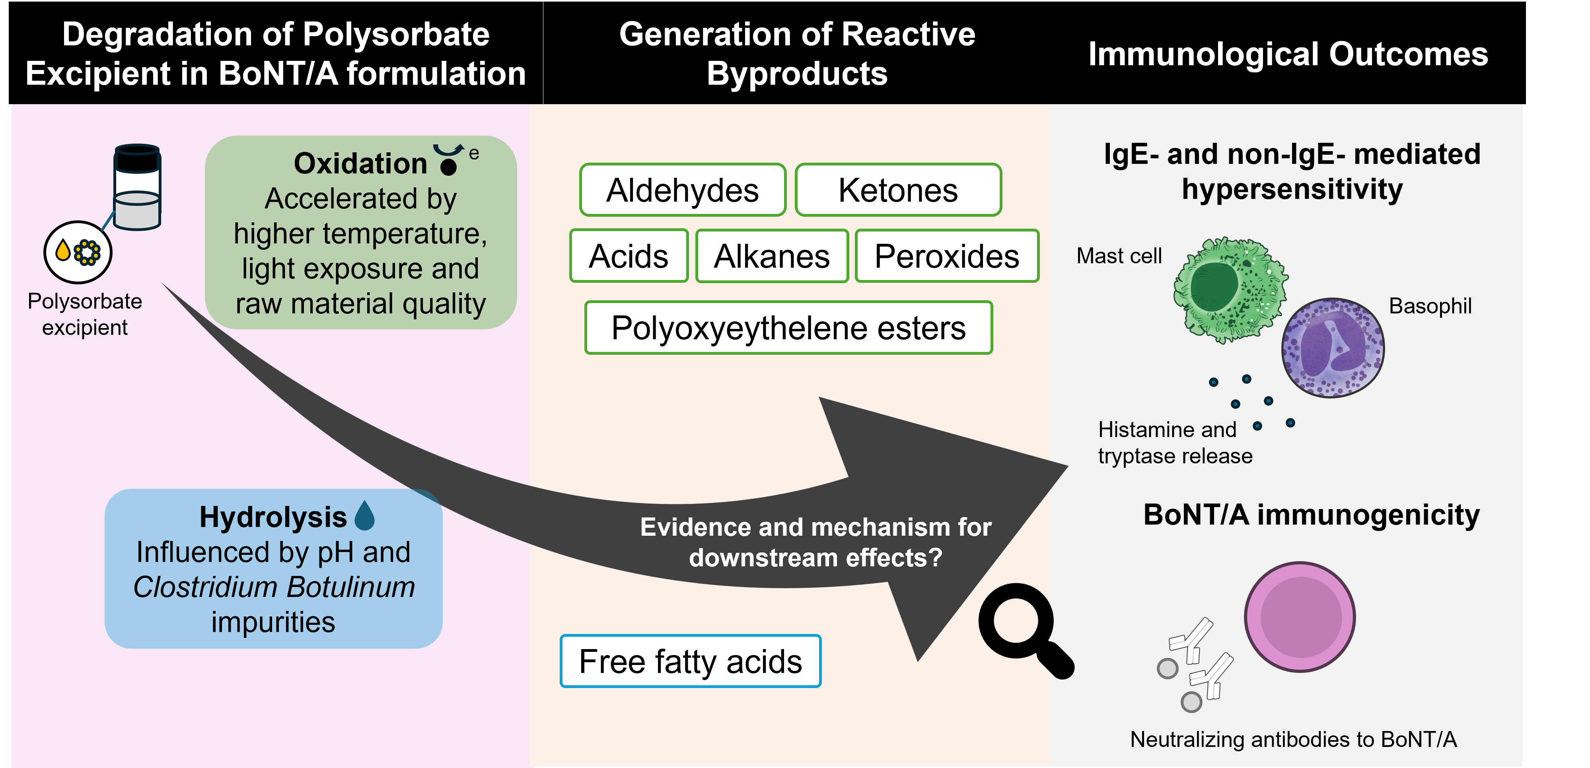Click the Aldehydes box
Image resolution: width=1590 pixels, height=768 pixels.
point(682,190)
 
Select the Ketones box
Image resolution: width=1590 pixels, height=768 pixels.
point(898,190)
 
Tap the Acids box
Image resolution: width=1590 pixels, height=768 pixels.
point(629,256)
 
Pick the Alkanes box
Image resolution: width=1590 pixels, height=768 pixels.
point(772,256)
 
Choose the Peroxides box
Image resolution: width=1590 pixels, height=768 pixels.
point(947,256)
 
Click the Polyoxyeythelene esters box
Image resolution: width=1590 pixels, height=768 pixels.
point(788,328)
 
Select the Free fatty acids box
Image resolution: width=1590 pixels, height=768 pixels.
point(690,661)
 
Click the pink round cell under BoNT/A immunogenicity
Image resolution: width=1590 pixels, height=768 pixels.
point(1299,617)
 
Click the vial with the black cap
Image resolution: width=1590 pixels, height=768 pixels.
point(137,187)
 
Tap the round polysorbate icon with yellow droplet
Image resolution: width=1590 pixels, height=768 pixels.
point(78,252)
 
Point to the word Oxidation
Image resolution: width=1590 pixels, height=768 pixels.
point(360,163)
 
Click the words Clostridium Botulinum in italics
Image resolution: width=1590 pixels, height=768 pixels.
point(274,587)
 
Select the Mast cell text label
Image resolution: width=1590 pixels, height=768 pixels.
point(1119,256)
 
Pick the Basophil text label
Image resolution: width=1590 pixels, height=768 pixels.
point(1430,305)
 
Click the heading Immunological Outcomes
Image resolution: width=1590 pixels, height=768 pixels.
point(1288,54)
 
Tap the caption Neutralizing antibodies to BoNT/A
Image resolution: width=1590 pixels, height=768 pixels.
point(1293,739)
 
